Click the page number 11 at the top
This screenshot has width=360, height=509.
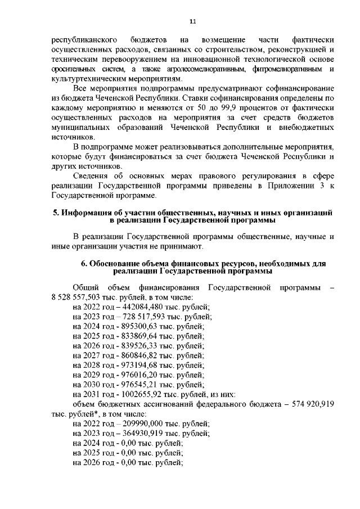pos(192,21)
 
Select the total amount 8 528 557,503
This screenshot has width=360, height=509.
pos(76,296)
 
